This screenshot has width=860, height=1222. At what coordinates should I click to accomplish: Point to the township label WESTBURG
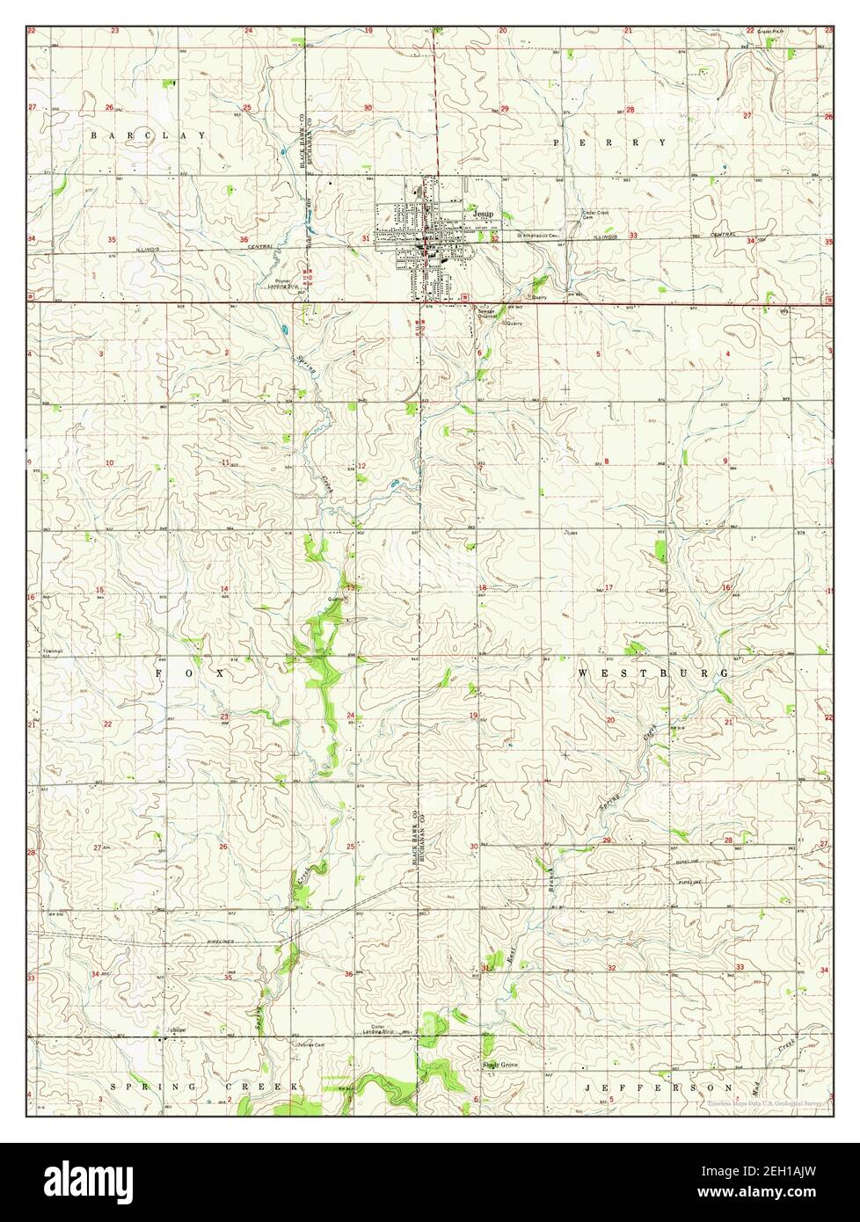pos(653,673)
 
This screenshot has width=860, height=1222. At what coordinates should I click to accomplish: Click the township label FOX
pos(191,673)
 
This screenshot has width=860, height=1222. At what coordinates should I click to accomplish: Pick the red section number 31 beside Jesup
pos(365,238)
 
